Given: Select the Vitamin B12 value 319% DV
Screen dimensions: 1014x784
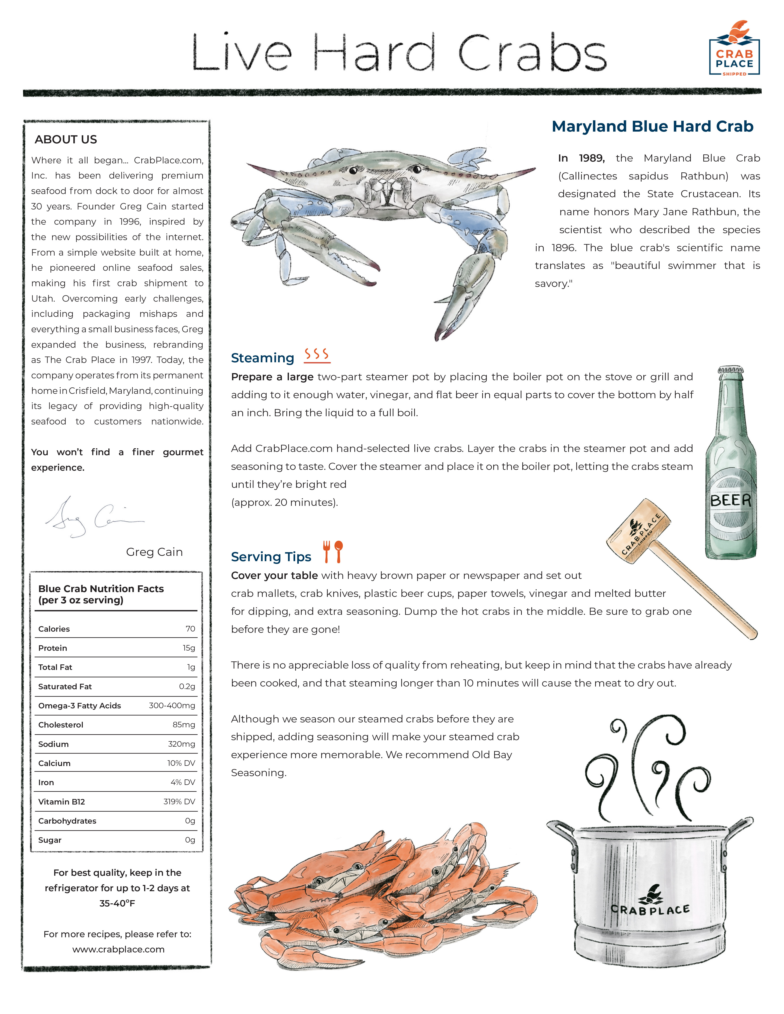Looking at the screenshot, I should (179, 801).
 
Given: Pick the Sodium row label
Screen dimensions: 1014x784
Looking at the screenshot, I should (53, 744).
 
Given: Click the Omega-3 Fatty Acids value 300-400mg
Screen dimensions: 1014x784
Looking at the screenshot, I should (172, 705).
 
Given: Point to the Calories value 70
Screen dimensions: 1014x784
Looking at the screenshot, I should (190, 629).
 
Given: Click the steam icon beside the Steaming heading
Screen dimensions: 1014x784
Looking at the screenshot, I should (317, 355).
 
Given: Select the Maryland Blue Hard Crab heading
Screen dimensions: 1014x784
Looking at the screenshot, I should (652, 126).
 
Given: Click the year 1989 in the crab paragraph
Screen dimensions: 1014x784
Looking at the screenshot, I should (592, 158).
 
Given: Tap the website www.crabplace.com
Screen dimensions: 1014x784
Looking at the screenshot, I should (119, 949).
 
